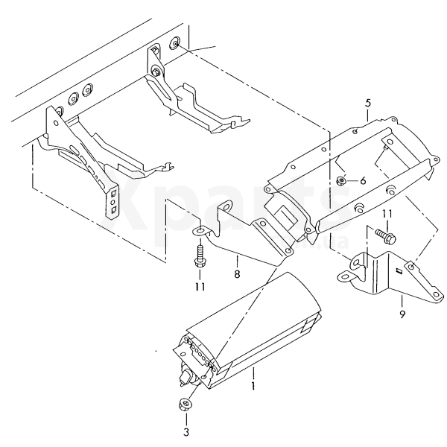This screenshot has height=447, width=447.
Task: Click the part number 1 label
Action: tap(253, 386)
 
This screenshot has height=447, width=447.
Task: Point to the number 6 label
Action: tap(363, 180)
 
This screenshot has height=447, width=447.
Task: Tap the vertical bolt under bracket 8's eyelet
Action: tap(199, 258)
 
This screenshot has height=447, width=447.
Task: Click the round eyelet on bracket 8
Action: tap(199, 232)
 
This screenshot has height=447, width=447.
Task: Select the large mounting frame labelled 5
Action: tap(350, 171)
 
